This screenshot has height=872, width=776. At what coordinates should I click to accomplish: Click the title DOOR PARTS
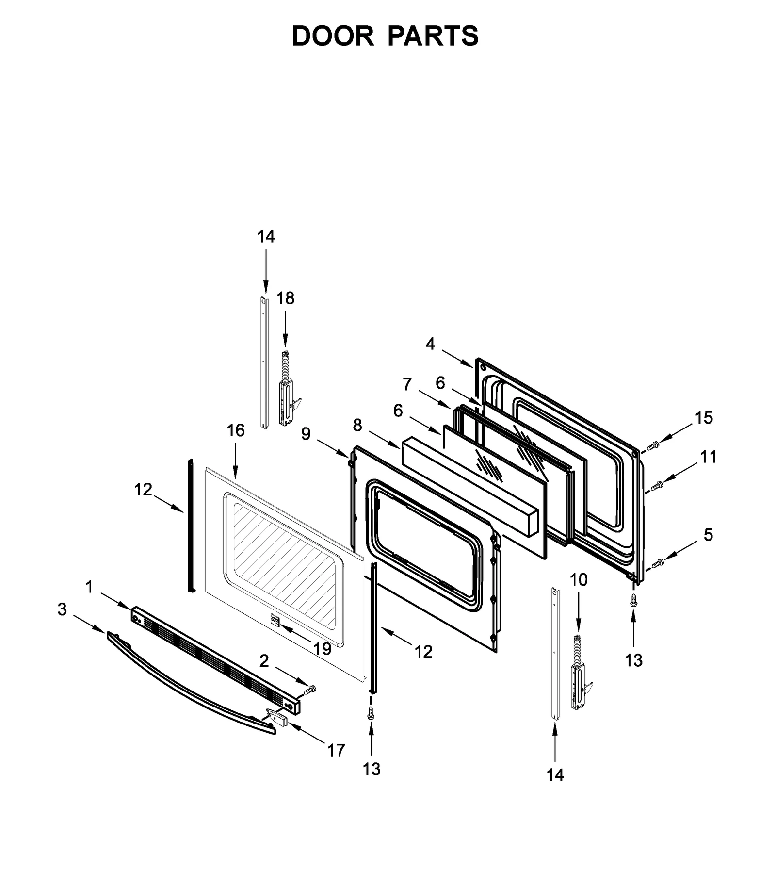click(385, 36)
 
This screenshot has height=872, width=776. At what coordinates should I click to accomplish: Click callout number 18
click(285, 298)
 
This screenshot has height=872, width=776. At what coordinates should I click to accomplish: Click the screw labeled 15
click(653, 444)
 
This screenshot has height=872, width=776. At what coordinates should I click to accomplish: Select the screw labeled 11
click(658, 485)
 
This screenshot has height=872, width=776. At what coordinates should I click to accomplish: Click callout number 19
click(322, 648)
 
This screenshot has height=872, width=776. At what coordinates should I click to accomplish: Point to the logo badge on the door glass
click(275, 621)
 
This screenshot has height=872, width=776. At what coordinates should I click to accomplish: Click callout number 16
click(236, 430)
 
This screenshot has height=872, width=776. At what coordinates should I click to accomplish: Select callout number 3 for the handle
click(62, 609)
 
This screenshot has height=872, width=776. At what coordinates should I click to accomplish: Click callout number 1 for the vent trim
click(89, 587)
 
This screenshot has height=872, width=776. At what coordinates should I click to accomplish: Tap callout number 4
click(430, 344)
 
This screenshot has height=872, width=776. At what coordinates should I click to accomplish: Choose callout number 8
click(357, 425)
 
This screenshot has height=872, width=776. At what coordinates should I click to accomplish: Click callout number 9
click(306, 433)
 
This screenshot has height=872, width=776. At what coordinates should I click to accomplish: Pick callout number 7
click(407, 384)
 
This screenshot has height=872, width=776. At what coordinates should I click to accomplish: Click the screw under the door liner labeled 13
click(633, 601)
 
